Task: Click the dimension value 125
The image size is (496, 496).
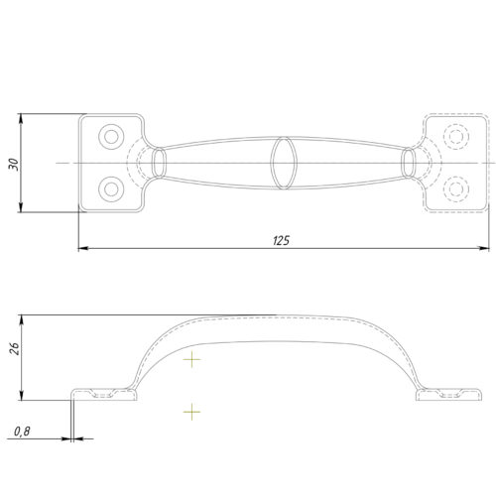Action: [282, 240]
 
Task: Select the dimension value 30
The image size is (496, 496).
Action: [14, 165]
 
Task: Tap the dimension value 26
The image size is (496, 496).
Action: [14, 349]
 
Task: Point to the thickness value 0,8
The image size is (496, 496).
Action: [22, 432]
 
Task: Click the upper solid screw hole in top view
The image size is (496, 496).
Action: [111, 137]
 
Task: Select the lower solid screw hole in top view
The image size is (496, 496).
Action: [111, 189]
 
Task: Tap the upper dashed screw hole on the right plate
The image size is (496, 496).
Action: [456, 137]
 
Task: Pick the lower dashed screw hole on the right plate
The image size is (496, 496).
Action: [456, 189]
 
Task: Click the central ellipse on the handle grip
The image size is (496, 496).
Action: [283, 163]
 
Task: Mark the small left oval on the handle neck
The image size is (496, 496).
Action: [159, 163]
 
